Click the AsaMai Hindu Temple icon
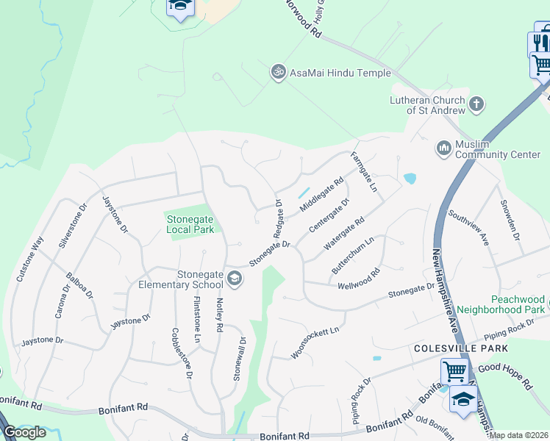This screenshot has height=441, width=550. [x=278, y=72]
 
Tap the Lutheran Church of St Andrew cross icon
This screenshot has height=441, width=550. [x=476, y=104]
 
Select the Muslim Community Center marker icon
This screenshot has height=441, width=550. [x=443, y=148]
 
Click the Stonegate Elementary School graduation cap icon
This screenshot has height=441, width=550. [x=235, y=277]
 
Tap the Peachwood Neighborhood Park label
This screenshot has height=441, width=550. [x=500, y=305]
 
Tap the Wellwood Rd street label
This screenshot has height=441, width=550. [x=358, y=280]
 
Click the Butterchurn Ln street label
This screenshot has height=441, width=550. [x=353, y=255]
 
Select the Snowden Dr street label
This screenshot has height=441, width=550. [x=510, y=221]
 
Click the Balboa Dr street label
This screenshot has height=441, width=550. [x=79, y=286]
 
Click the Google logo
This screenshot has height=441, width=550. [x=24, y=431]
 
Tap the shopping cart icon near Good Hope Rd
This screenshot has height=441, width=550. [x=454, y=370]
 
